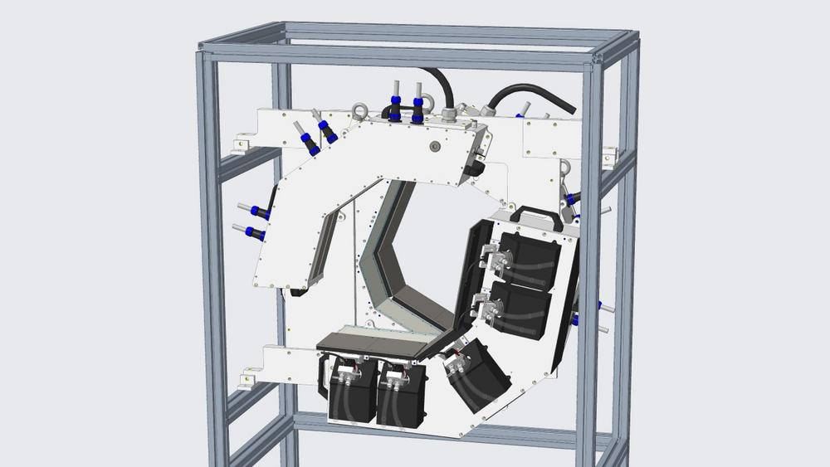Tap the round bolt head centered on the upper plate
click(x=433, y=146)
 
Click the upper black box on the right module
click(x=525, y=254)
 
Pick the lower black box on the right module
click(x=520, y=308)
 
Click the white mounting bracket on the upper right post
click(x=610, y=156)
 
